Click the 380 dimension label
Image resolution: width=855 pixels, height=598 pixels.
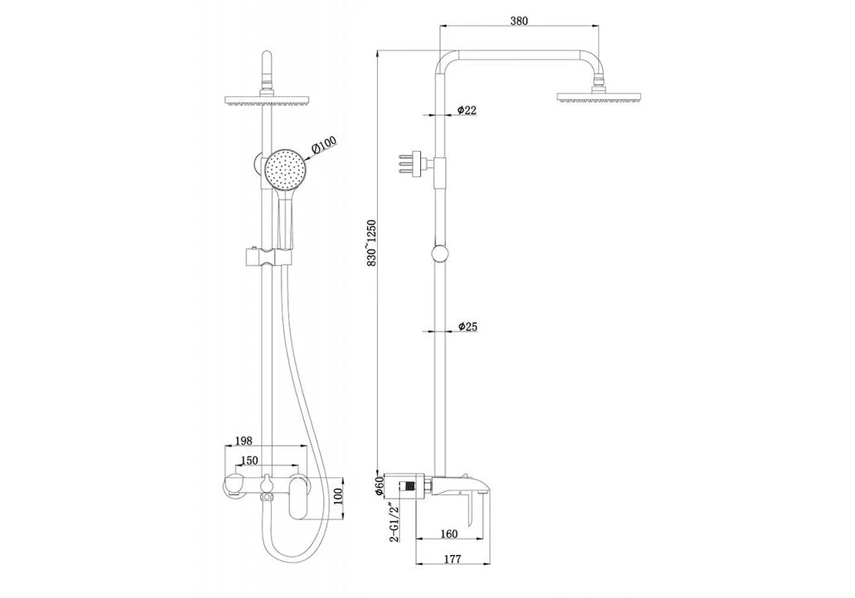click(x=519, y=21)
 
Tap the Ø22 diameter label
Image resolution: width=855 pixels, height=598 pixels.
click(x=467, y=110)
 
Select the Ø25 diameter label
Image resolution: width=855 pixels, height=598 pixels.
click(x=468, y=326)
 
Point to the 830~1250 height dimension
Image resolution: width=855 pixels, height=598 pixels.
click(x=372, y=244)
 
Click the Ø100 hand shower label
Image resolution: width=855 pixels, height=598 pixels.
click(x=325, y=145)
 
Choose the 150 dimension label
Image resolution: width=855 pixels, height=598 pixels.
click(x=249, y=461)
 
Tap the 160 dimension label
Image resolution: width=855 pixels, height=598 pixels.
click(x=449, y=534)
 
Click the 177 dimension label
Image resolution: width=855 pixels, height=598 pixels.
click(x=452, y=559)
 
